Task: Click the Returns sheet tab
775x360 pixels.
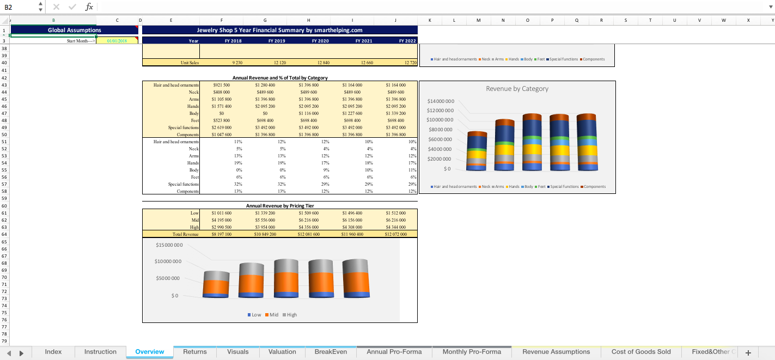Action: point(194,352)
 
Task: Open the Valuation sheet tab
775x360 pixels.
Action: point(282,352)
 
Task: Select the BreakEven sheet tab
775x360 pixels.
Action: point(331,352)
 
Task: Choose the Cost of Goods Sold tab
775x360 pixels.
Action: point(641,352)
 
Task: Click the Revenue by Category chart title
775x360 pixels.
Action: point(517,89)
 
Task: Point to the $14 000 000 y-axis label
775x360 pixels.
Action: point(441,101)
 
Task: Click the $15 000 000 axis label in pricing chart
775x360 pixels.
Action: point(169,245)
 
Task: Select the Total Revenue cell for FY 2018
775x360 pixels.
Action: point(221,234)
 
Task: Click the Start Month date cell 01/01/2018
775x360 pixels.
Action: point(117,41)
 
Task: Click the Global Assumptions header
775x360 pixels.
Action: point(74,30)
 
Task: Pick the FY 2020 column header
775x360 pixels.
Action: point(320,41)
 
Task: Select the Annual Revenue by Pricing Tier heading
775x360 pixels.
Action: point(280,206)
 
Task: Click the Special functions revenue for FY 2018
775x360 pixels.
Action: point(221,127)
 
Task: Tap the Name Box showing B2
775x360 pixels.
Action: point(19,7)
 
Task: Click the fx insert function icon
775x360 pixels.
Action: point(89,7)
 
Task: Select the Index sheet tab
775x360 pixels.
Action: point(53,352)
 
